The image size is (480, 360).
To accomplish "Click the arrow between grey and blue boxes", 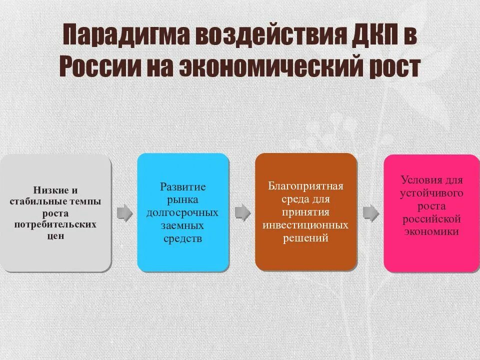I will (x=124, y=213).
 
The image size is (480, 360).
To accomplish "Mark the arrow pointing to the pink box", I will (x=370, y=212).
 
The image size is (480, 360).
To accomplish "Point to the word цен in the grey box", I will (x=55, y=235).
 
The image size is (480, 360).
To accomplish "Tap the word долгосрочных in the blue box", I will (x=182, y=212).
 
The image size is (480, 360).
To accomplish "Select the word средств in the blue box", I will (x=182, y=238).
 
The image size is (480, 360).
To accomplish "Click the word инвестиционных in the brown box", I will (x=305, y=225).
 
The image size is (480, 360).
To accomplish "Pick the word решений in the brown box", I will (x=305, y=238).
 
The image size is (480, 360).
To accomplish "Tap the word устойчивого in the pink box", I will (x=431, y=193).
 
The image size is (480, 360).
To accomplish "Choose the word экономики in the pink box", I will (x=431, y=232).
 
